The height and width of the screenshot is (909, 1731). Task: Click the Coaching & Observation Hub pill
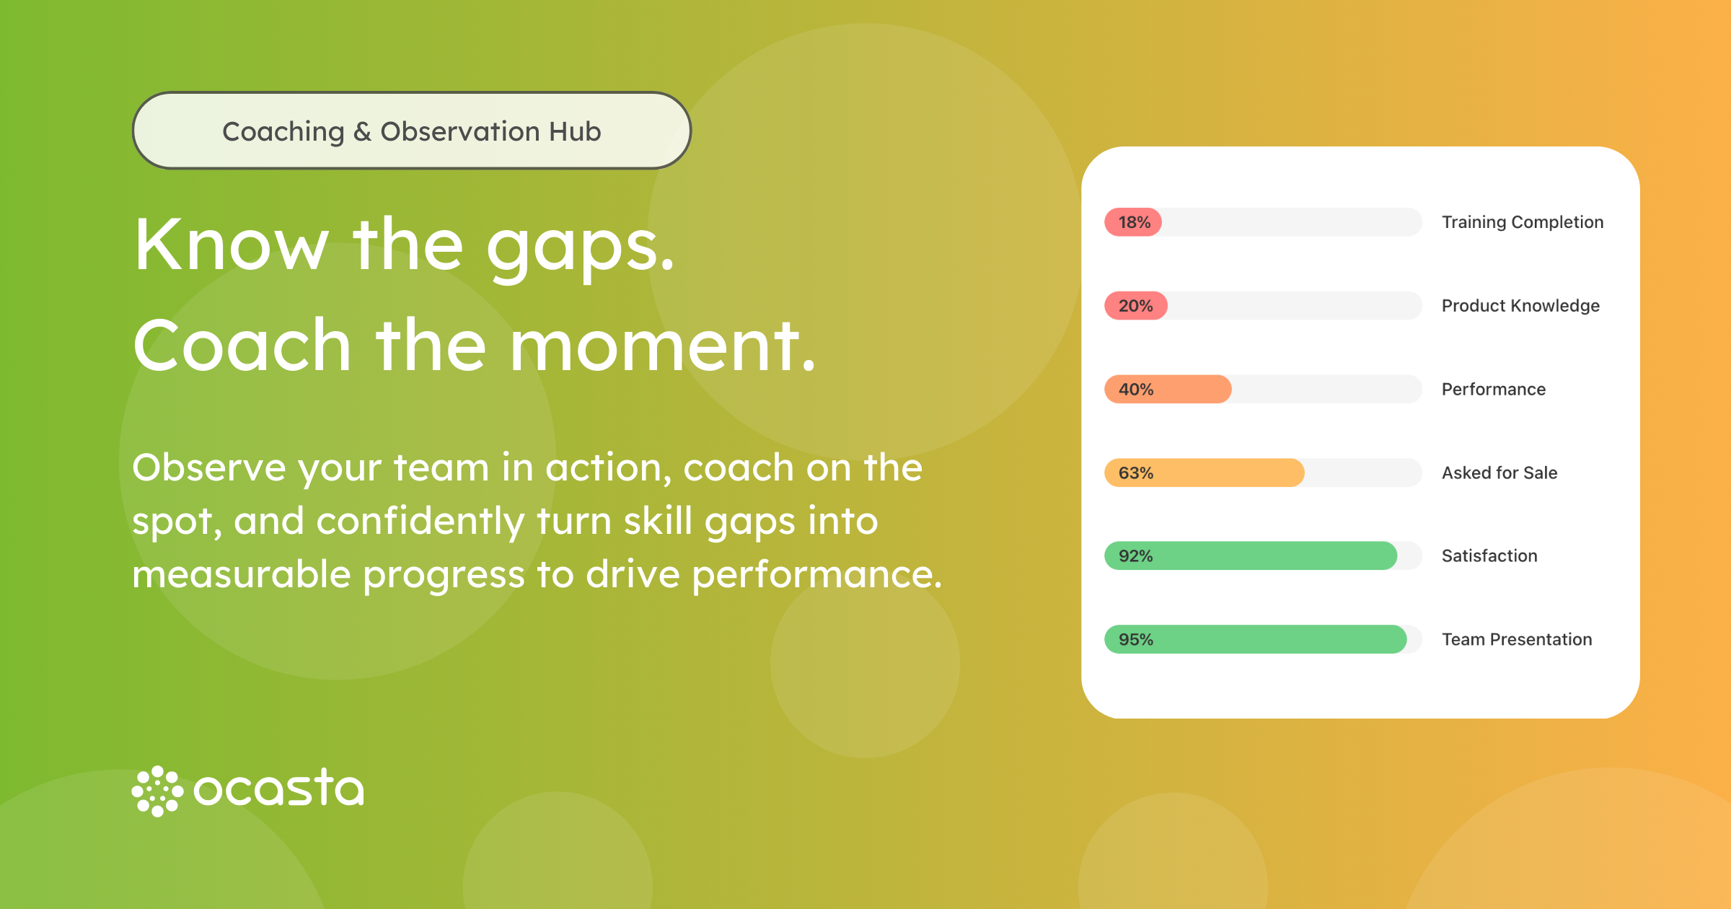click(412, 131)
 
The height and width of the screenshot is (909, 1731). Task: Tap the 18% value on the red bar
click(1135, 222)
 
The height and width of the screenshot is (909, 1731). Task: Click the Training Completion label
click(1523, 222)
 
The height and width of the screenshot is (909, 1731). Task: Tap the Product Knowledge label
click(1520, 306)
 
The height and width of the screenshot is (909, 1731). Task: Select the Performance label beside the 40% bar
click(1494, 390)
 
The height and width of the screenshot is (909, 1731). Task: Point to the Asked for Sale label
click(1499, 473)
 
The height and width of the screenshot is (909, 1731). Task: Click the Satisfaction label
click(1489, 556)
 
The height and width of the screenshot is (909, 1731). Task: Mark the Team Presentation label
click(1517, 639)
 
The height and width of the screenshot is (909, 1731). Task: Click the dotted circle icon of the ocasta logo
click(157, 791)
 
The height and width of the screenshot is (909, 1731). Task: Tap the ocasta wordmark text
click(279, 788)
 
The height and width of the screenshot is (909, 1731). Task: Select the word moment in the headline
click(663, 346)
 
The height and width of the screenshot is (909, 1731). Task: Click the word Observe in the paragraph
click(209, 467)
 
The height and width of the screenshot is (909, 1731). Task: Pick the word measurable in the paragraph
click(242, 574)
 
